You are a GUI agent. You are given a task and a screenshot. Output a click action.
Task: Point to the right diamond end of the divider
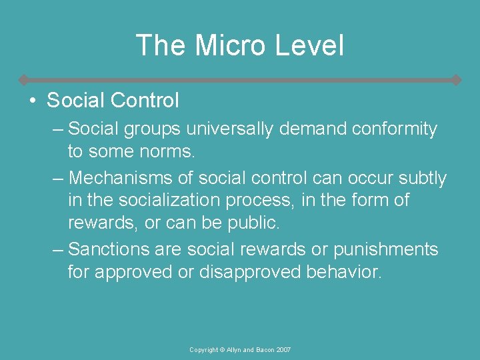(456, 80)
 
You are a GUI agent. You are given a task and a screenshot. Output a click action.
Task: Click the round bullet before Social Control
(31, 101)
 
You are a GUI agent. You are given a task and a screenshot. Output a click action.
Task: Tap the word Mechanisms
(124, 178)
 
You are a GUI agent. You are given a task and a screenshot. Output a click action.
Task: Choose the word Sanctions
(108, 249)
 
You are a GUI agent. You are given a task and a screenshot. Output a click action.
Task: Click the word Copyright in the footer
(205, 350)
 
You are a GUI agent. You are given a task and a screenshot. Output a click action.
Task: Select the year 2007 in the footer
(283, 350)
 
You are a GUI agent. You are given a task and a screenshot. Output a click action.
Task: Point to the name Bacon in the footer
(262, 350)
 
